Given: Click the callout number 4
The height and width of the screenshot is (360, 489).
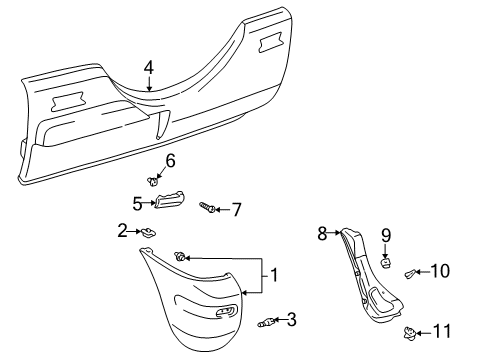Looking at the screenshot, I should coord(148,67).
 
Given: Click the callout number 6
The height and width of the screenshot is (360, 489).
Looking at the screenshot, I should coord(170,160).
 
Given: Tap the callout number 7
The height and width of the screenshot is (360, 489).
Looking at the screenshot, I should coord(237,210).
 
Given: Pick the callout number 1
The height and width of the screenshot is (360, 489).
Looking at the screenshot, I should coord(272,273).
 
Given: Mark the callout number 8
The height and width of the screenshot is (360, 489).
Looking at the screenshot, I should coord(322,234).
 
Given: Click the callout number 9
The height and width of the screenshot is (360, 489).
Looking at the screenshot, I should coord(386,237).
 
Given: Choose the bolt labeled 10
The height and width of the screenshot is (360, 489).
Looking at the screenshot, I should coord(411,273).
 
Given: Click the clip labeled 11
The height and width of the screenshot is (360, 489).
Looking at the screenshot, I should coord(409,332).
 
